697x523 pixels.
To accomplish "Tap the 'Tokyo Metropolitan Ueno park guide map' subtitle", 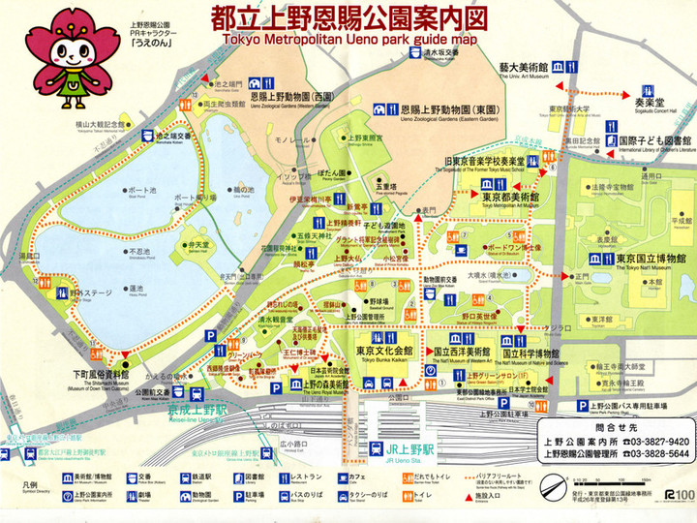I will click(x=348, y=40).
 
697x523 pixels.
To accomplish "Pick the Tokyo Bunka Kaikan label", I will click(x=378, y=351).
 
